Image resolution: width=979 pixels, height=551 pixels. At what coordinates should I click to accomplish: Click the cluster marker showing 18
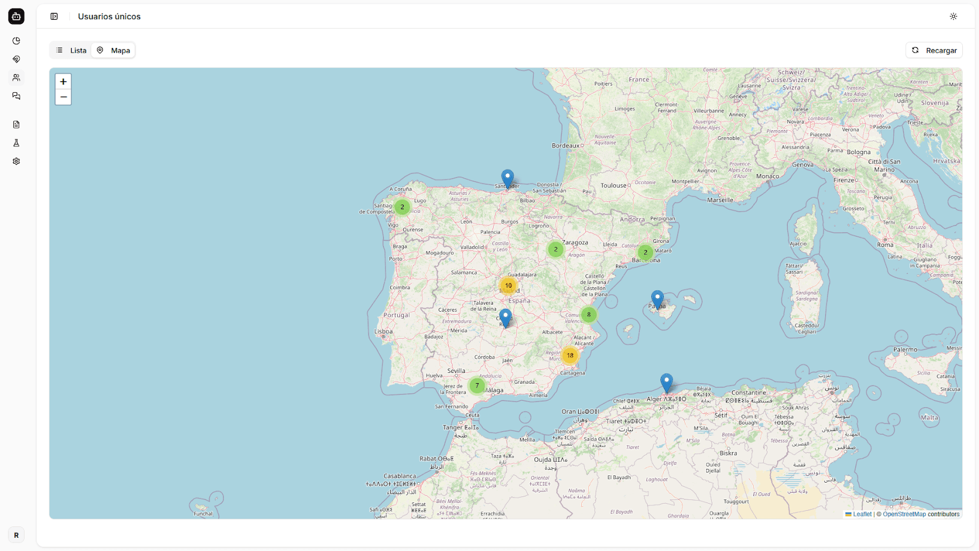tap(570, 356)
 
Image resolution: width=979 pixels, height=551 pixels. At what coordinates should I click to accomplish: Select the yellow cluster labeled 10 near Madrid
tap(508, 286)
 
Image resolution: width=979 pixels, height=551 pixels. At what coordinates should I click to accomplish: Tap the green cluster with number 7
tap(477, 386)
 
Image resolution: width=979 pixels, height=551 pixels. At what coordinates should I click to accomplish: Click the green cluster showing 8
tap(589, 315)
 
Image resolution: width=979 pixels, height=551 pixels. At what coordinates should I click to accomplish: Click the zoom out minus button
tap(63, 97)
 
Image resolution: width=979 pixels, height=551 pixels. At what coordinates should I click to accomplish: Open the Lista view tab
tap(71, 50)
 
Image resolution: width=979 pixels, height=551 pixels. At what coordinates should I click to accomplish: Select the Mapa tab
tap(114, 50)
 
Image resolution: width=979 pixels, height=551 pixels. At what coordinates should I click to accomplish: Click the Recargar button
tap(934, 50)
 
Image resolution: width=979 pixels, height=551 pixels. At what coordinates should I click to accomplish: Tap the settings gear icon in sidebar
tap(16, 161)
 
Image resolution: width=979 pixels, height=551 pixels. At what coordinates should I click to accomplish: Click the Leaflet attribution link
tap(862, 514)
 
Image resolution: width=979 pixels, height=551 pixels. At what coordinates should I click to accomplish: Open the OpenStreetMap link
tap(904, 514)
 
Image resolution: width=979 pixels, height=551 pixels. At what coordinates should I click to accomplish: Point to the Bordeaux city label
tap(565, 146)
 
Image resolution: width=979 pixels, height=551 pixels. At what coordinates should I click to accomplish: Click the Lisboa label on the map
tap(383, 332)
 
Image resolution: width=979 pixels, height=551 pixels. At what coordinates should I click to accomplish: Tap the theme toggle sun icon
tap(953, 16)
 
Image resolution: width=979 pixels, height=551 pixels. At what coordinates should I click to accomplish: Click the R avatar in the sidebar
tap(16, 535)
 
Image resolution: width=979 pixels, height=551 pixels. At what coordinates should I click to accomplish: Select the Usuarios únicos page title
tap(109, 17)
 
